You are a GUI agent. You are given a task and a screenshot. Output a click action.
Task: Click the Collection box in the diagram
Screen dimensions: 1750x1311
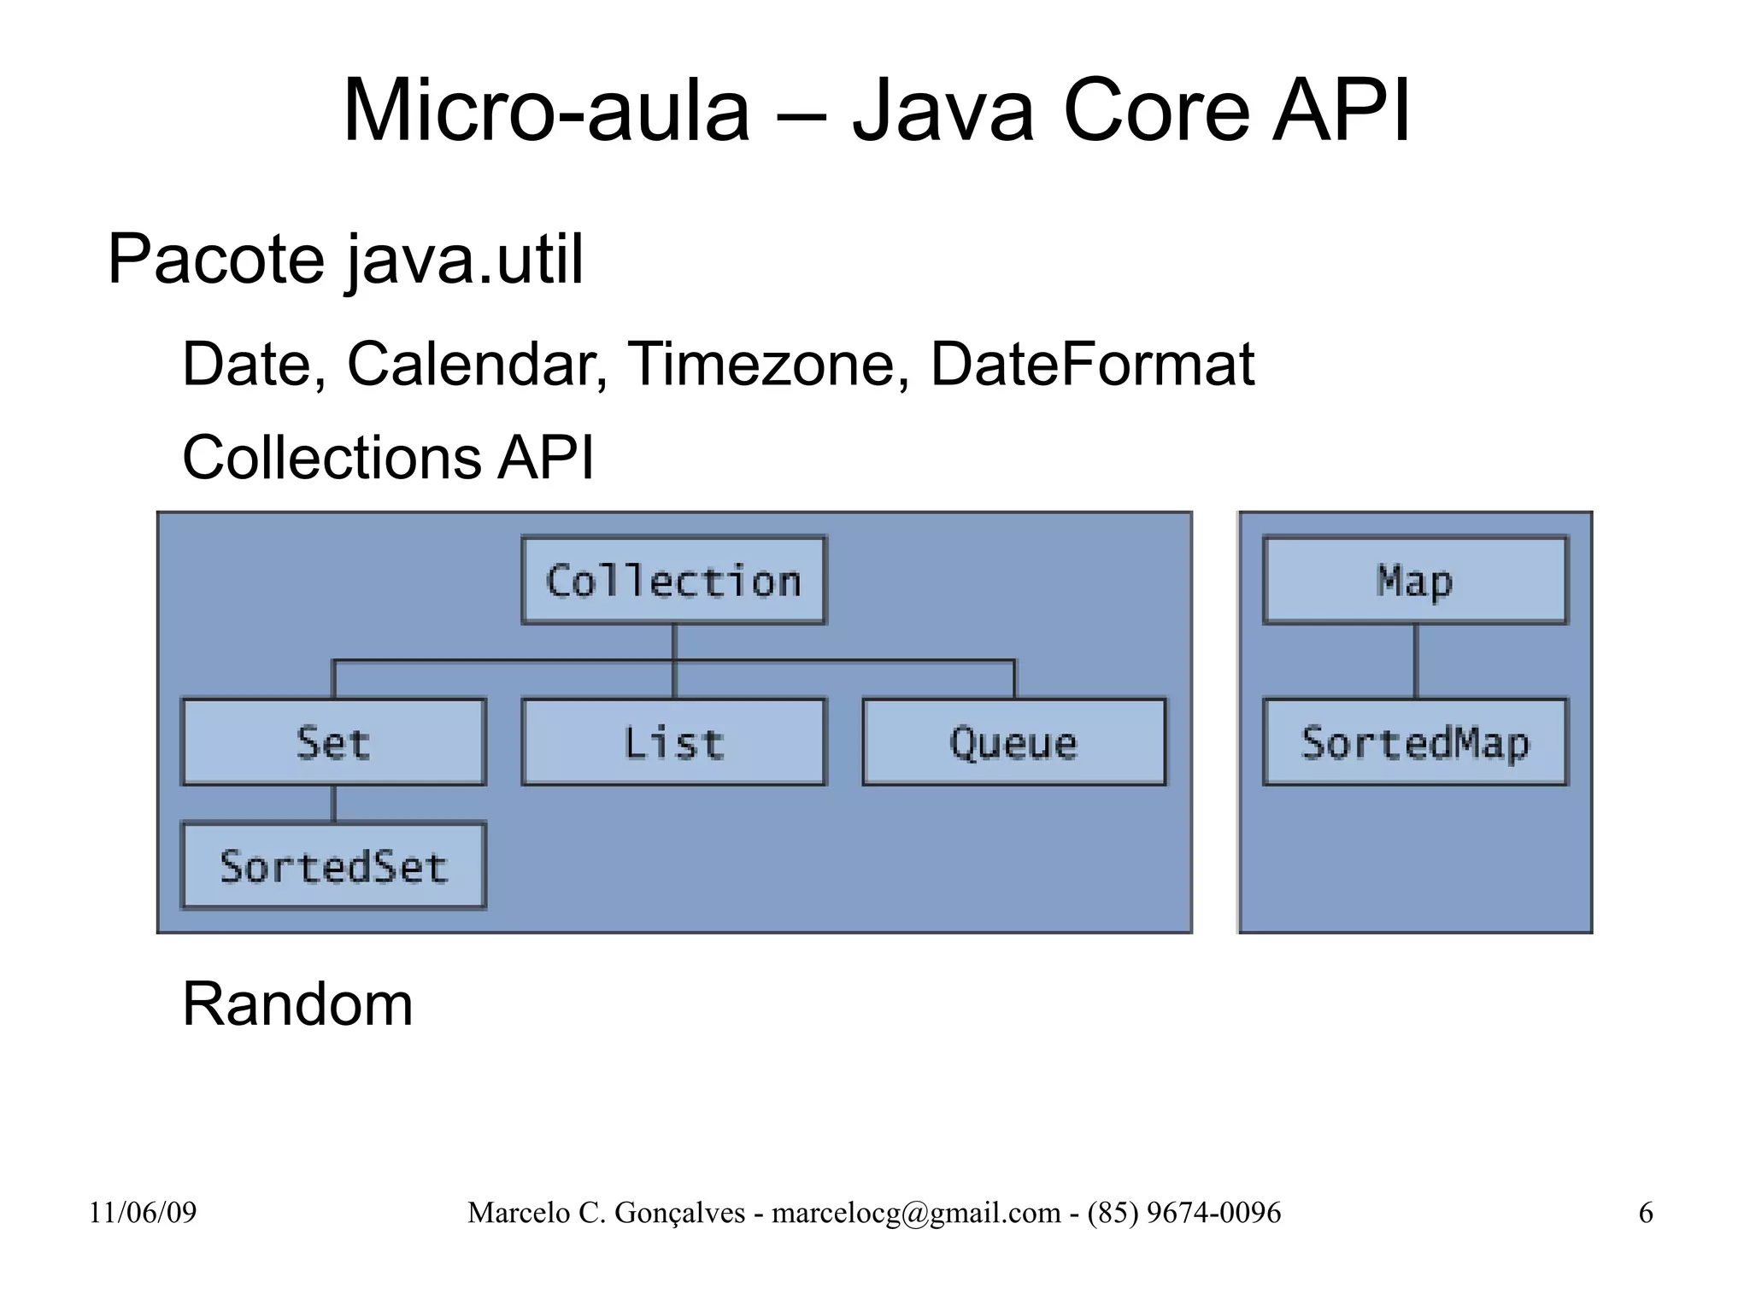pos(673,581)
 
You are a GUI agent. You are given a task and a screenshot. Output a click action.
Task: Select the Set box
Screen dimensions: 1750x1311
pos(333,742)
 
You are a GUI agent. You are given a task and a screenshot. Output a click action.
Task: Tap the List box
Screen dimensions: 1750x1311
pos(673,742)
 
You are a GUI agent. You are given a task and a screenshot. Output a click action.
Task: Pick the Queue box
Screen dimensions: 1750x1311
pos(1013,742)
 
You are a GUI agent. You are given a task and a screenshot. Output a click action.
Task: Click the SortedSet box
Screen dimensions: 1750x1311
pos(333,866)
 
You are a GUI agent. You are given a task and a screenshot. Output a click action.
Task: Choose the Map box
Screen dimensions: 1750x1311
pos(1415,581)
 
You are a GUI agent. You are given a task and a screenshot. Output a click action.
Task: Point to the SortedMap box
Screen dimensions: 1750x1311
pos(1415,742)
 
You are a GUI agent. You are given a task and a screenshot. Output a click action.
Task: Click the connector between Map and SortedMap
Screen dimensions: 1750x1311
pos(1415,661)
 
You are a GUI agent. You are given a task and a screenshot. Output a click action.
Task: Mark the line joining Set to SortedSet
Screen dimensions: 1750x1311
pos(333,804)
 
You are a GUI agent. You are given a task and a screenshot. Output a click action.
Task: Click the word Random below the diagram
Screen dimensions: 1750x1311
pos(297,1004)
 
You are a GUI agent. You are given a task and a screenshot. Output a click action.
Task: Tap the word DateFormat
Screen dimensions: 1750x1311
pos(1092,365)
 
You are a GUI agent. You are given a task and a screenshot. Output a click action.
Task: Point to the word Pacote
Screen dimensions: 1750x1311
pos(215,260)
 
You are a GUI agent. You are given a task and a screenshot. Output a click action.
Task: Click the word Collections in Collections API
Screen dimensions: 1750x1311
pos(332,458)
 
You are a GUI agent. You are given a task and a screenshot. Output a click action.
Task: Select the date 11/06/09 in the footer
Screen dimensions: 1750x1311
pos(143,1213)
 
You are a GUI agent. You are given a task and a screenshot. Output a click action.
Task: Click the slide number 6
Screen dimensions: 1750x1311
pos(1646,1213)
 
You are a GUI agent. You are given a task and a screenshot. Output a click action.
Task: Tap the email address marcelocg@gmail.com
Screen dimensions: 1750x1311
pos(916,1213)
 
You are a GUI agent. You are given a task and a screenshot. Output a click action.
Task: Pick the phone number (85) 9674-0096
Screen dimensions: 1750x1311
pos(1184,1213)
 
